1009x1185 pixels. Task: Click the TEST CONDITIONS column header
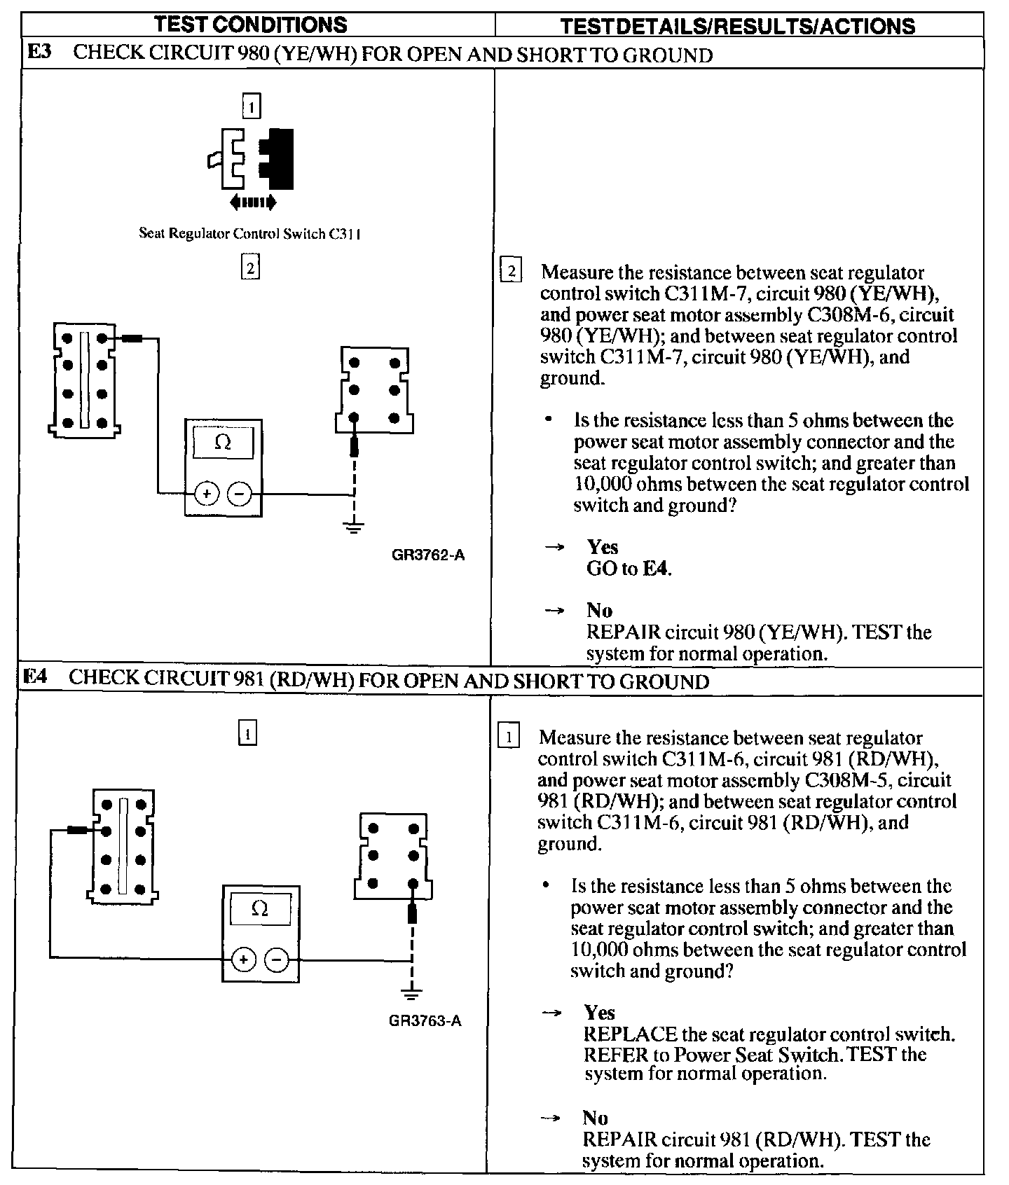coord(250,25)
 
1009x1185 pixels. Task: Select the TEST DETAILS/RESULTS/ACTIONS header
coord(738,27)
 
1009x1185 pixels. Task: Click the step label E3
coord(40,53)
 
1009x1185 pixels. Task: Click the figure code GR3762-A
coord(428,555)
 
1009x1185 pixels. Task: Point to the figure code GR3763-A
coord(425,1020)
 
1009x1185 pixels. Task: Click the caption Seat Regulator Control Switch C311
coord(249,234)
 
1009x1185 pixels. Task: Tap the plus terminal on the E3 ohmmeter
coord(206,494)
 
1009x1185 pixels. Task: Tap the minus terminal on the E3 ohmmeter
coord(240,494)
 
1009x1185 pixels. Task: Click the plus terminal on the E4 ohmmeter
coord(243,959)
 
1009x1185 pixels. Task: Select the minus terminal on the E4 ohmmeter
coord(277,959)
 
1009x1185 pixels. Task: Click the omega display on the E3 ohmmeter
coord(223,443)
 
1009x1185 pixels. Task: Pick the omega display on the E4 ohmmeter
coord(259,909)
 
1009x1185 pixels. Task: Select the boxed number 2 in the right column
coord(512,270)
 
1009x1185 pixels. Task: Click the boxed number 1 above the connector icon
coord(251,106)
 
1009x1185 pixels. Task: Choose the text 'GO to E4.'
coord(629,569)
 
